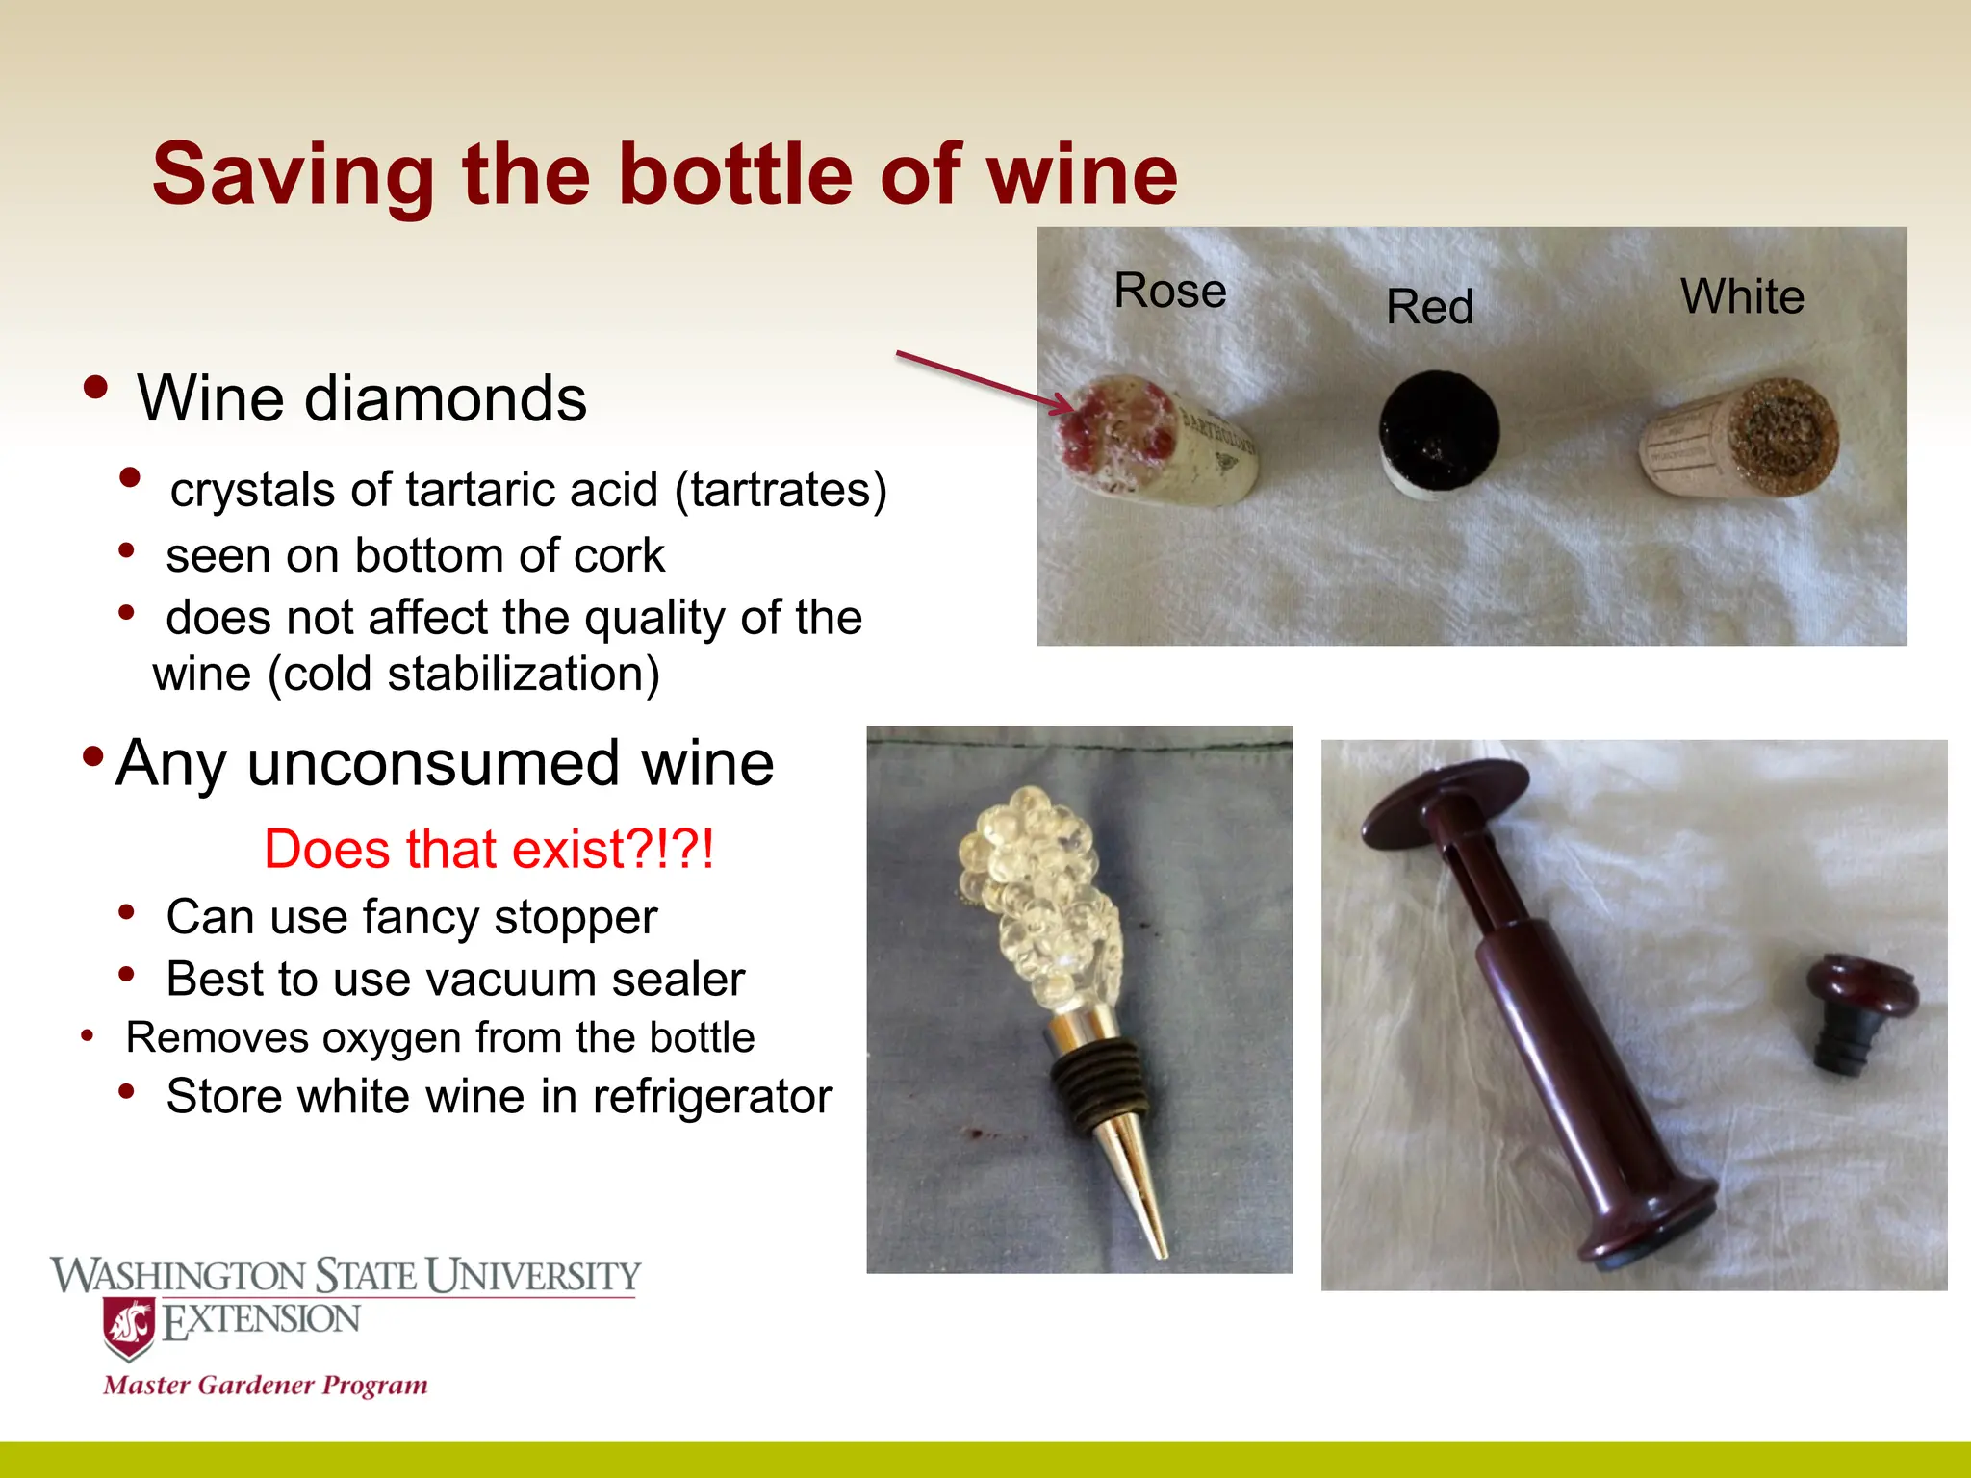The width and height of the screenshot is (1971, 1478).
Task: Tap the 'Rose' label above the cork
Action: point(1169,291)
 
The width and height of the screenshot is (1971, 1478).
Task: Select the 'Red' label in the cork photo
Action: point(1429,308)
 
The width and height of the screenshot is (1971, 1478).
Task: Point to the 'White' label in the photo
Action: point(1742,296)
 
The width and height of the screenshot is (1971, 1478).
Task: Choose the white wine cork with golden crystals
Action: point(1742,438)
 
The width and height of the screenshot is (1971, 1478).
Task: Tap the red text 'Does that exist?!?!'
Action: point(489,850)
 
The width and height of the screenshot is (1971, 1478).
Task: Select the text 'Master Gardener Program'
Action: point(266,1386)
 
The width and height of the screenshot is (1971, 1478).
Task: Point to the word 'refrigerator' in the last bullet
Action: point(711,1097)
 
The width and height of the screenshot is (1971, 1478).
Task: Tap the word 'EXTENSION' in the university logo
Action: point(262,1320)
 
